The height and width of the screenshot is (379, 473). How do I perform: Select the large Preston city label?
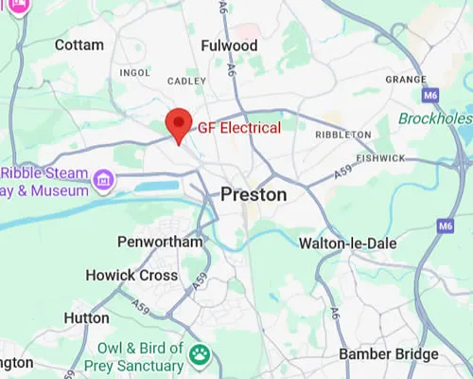[254, 194]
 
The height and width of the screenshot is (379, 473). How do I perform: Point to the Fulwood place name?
[229, 45]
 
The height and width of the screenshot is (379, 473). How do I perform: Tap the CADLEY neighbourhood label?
[185, 81]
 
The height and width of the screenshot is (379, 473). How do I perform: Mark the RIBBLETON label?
[342, 135]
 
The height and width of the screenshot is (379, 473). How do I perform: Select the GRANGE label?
[408, 80]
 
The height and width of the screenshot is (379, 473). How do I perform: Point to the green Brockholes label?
[436, 118]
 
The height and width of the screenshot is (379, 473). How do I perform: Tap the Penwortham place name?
[160, 242]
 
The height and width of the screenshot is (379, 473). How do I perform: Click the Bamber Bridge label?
[389, 354]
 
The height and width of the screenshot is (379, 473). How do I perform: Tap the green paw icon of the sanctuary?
[200, 355]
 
